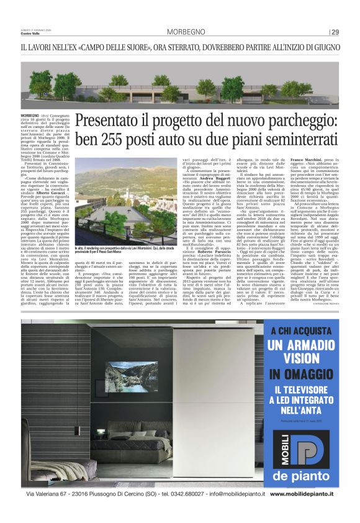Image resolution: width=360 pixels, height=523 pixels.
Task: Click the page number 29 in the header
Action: [335, 32]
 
